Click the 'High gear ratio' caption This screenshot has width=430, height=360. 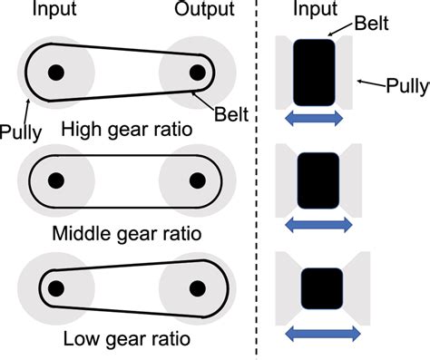coord(127,130)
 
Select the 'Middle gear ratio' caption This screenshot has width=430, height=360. coord(127,234)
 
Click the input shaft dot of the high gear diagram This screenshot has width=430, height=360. coord(56,72)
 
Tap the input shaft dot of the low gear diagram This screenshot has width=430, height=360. coord(56,288)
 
